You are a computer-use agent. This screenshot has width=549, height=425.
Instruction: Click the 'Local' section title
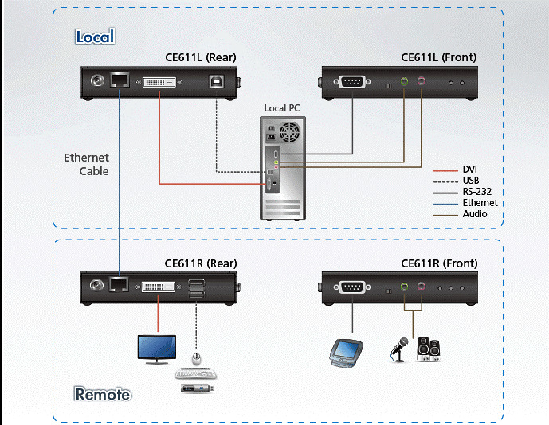95,37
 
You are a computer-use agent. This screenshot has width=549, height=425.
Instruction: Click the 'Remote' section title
103,394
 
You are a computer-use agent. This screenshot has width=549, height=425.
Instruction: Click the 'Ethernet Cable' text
87,164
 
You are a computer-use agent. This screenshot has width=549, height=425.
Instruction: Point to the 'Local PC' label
282,108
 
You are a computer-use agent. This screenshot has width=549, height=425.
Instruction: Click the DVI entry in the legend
470,170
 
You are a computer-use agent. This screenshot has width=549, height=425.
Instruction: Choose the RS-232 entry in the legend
476,192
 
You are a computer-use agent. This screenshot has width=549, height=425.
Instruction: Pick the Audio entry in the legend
475,214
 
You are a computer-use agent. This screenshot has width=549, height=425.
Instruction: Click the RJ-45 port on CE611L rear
120,80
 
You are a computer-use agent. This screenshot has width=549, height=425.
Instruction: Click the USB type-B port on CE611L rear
216,81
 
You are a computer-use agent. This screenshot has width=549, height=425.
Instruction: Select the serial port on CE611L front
351,81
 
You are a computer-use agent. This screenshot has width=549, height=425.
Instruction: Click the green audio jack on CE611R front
404,287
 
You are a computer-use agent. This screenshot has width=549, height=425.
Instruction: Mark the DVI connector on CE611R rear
161,287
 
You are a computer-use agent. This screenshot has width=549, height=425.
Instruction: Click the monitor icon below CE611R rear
157,348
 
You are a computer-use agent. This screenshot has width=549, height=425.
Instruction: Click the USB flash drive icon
198,388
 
